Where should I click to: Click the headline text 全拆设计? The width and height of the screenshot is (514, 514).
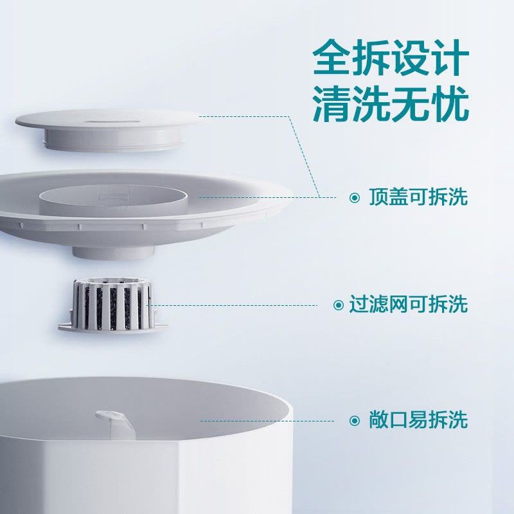[x=391, y=58]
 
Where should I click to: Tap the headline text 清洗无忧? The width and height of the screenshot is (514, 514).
[x=391, y=104]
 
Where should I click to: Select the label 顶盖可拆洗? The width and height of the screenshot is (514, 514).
[x=418, y=197]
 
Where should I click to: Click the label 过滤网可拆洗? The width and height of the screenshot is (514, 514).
[x=408, y=304]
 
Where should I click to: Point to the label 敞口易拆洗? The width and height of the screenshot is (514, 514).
[x=418, y=420]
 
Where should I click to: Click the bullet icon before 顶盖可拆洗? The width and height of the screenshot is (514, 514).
[x=355, y=198]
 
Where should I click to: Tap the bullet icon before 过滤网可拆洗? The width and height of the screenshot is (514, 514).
[x=339, y=305]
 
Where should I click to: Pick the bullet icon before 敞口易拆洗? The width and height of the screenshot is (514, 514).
[x=355, y=421]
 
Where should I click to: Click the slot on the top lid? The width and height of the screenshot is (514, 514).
[x=112, y=122]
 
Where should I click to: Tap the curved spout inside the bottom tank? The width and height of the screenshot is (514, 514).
[x=115, y=423]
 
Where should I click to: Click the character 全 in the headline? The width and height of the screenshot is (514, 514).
[x=332, y=58]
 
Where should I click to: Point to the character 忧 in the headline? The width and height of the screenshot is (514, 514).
[x=450, y=104]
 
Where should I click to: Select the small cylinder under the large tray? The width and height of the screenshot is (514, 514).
[x=114, y=253]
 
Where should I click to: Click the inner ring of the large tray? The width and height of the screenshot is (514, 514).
[x=113, y=200]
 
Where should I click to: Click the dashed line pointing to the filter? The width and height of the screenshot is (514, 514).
[x=233, y=305]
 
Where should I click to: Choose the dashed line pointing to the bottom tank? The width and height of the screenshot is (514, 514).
[x=267, y=421]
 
